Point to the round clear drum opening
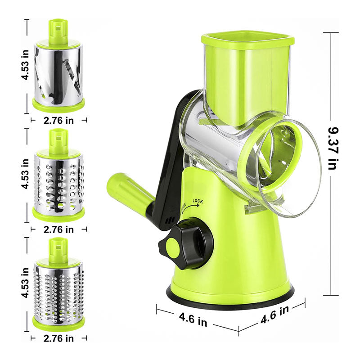[x=288, y=166]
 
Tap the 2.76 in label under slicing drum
[x=58, y=120]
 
